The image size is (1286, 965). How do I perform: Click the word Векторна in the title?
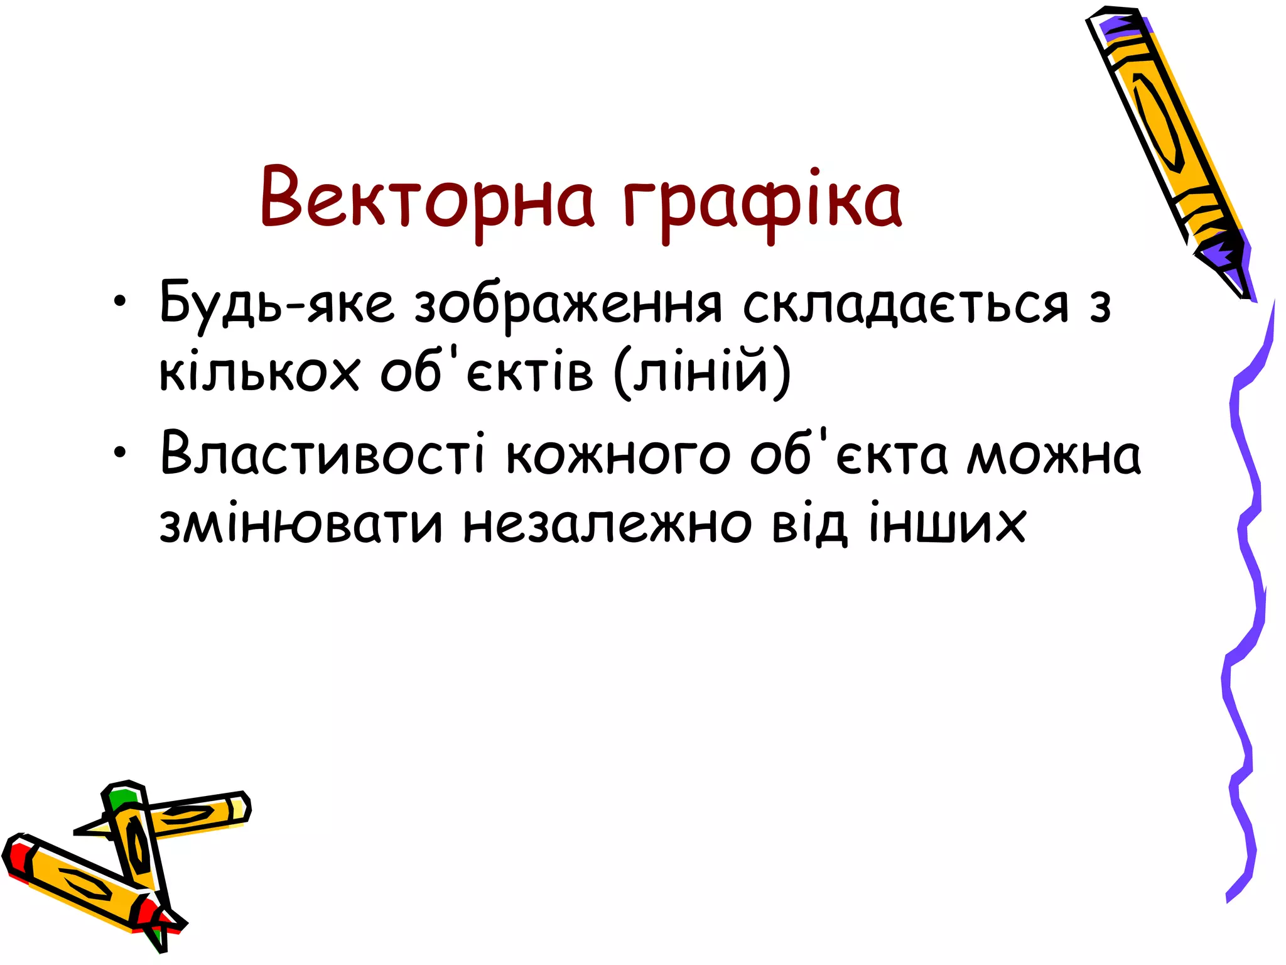pyautogui.click(x=427, y=200)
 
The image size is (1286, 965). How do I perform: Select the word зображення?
pyautogui.click(x=568, y=307)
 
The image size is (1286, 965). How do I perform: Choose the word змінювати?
pyautogui.click(x=301, y=523)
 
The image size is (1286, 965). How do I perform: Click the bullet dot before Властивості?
pyautogui.click(x=120, y=451)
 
